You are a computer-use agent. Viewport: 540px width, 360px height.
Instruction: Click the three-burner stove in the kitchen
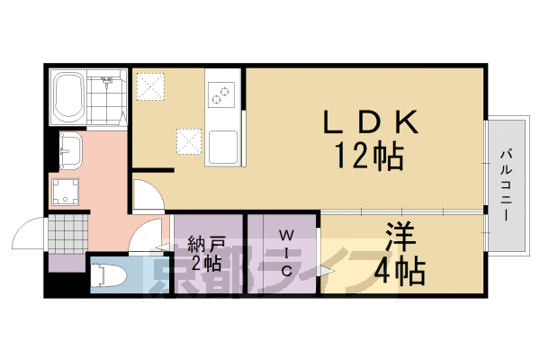pos(220,91)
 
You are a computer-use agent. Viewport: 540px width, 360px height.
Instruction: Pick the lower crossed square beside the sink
pos(189,140)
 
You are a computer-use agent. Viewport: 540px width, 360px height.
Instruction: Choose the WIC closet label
pos(283,253)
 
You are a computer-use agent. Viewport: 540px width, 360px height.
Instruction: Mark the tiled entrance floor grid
pos(68,236)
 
